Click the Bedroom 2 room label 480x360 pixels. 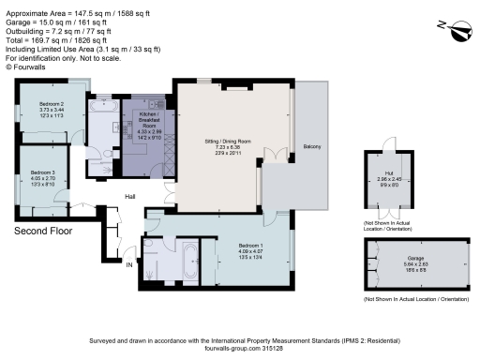(x=51, y=104)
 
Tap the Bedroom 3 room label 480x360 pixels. (x=43, y=172)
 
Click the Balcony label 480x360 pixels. (x=311, y=146)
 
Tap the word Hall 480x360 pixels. (x=133, y=196)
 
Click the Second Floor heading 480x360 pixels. (x=42, y=230)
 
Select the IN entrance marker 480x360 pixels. (x=129, y=265)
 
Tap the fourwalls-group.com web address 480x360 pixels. (x=232, y=349)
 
